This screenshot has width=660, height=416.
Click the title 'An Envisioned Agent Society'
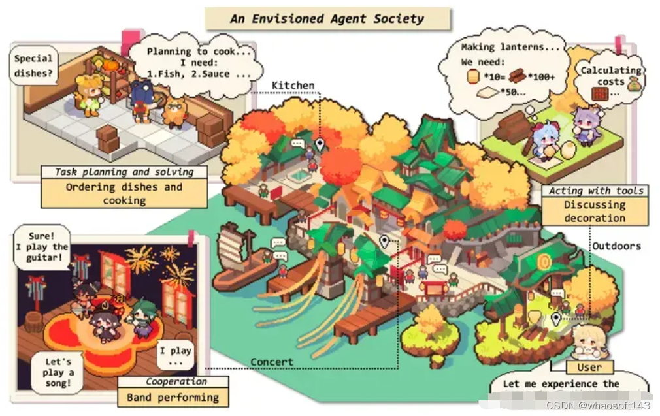click(327, 18)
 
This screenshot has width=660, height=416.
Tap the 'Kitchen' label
click(293, 86)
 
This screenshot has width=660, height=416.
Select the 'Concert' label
click(272, 362)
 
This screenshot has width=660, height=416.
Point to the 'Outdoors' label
click(616, 246)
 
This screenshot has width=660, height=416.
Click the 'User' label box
click(589, 367)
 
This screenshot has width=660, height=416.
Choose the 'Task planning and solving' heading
click(124, 172)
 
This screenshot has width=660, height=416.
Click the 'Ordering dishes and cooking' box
click(124, 193)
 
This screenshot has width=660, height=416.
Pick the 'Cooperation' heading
click(176, 382)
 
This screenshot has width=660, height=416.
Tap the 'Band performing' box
click(173, 397)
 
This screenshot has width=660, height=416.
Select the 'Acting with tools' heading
click(595, 191)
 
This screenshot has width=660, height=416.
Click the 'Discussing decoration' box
click(595, 211)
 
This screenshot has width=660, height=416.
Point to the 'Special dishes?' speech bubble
click(33, 66)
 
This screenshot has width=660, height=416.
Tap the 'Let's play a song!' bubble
click(59, 372)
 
